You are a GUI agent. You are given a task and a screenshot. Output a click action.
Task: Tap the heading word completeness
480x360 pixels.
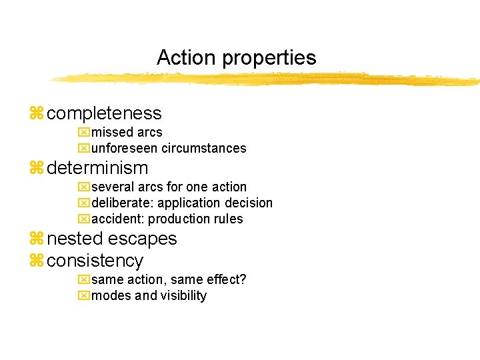104,114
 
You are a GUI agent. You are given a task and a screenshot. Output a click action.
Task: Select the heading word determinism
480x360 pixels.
97,168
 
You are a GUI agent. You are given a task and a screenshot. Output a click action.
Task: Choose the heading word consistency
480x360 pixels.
95,261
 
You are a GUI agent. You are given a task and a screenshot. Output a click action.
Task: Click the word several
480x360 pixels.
111,187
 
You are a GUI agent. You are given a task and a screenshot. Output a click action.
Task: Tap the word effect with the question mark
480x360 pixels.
227,279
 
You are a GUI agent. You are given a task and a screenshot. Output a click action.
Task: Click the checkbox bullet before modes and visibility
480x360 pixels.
83,295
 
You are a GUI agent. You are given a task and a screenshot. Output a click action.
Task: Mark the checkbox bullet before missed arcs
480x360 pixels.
83,133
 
